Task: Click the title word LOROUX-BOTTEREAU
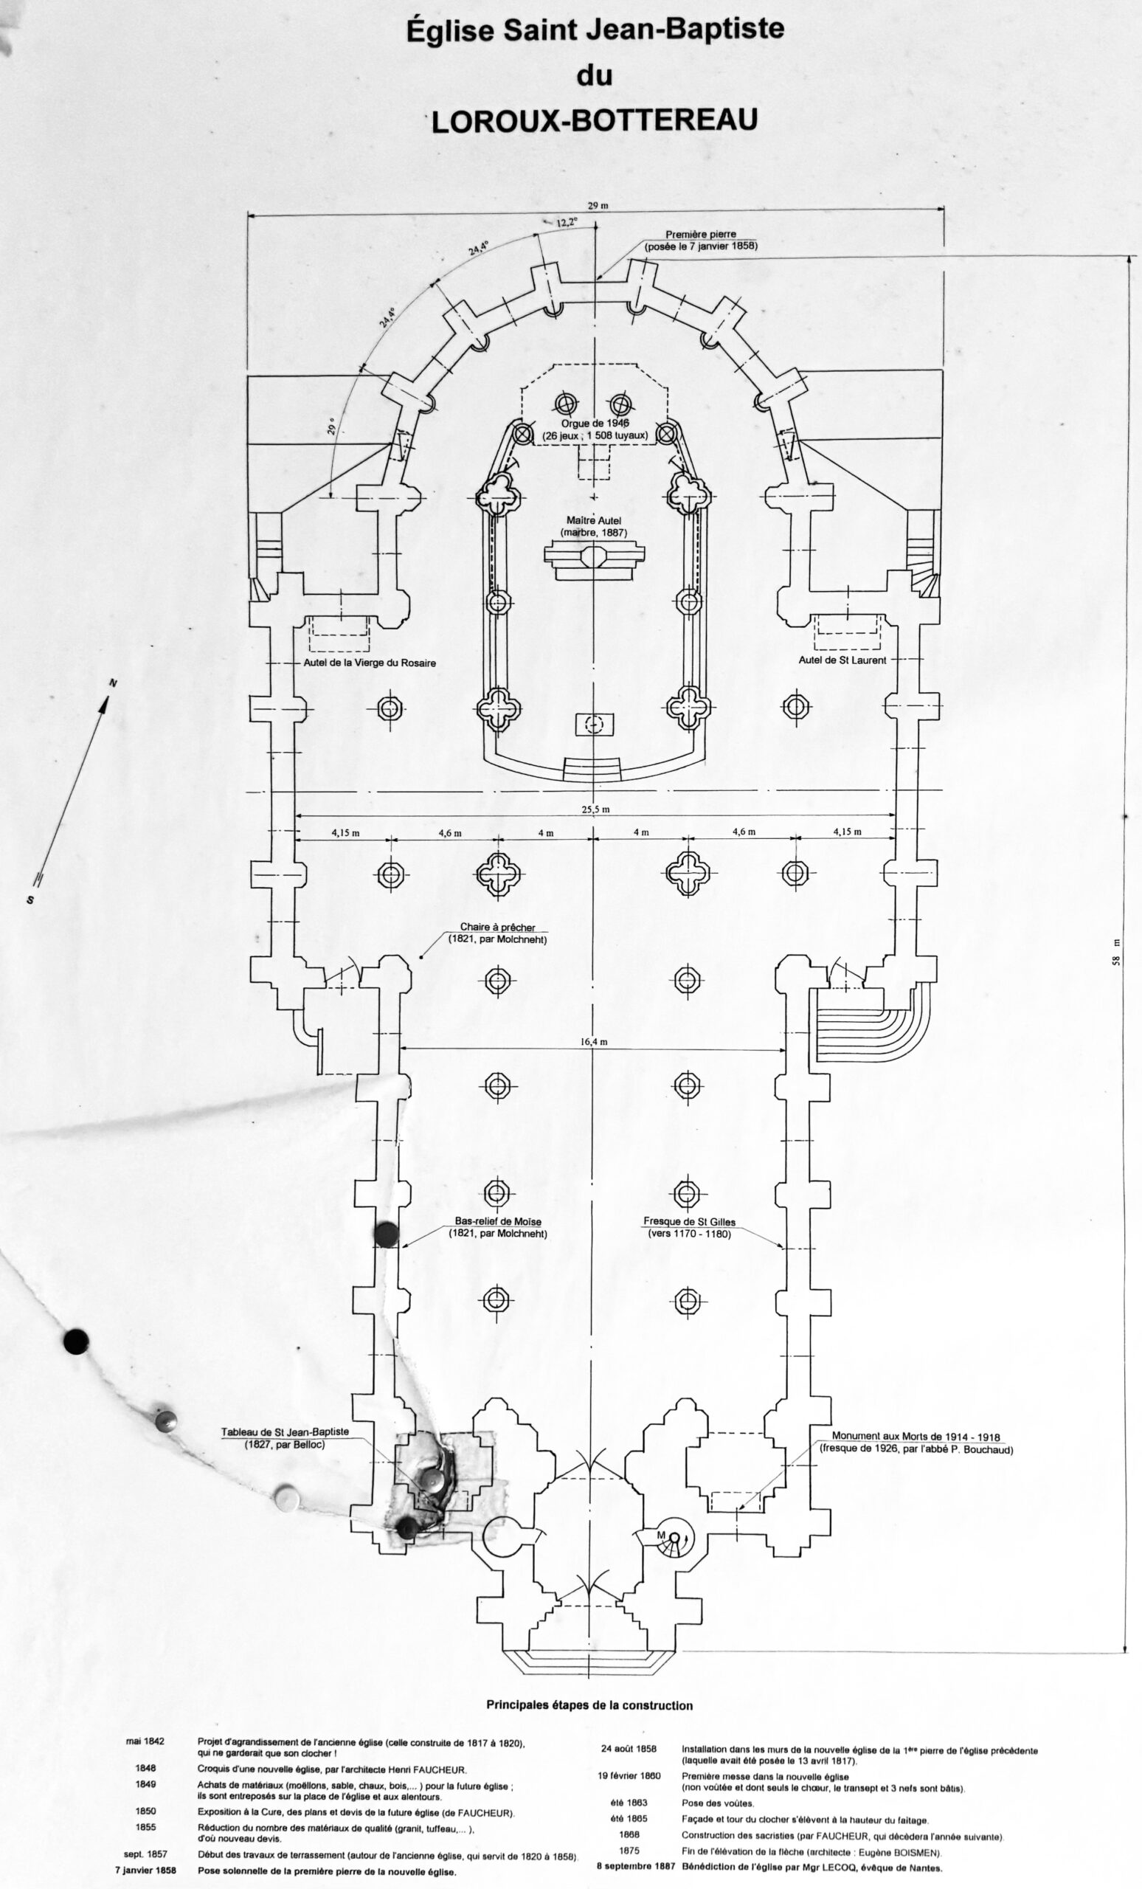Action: pos(594,121)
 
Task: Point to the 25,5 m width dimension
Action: pos(595,809)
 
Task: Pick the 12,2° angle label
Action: pos(567,222)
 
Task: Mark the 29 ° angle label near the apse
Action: pos(332,427)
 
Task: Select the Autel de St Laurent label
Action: pos(842,660)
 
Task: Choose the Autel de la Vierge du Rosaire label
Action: pos(370,663)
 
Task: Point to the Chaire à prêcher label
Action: pos(498,928)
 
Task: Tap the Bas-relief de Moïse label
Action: pos(498,1222)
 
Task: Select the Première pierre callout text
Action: pos(701,235)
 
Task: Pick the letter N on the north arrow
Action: pos(114,683)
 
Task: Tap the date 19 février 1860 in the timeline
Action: pos(629,1776)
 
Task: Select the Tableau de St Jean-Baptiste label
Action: pos(285,1432)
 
